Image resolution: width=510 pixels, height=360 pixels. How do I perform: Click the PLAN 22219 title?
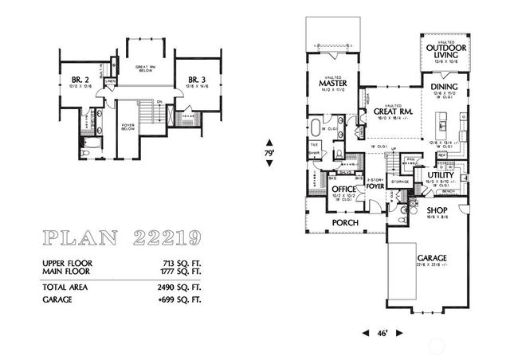click(119, 237)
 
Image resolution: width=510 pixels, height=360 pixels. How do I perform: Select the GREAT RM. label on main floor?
click(391, 112)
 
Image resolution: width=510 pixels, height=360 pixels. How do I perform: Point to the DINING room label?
click(442, 87)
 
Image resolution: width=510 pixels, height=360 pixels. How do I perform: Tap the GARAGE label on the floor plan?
click(431, 259)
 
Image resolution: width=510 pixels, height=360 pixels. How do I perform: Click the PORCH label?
click(345, 222)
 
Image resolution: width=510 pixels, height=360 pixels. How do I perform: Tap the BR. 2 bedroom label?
click(79, 79)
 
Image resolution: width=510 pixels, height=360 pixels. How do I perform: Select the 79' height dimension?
click(269, 150)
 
